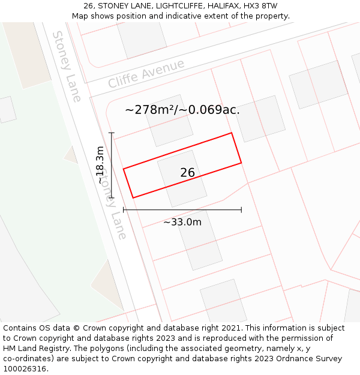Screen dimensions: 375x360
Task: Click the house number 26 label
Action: tap(187, 173)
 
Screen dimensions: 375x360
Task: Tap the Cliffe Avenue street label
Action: tap(146, 74)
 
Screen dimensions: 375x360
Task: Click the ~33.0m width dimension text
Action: tap(182, 222)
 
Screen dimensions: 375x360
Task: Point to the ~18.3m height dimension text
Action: tap(100, 165)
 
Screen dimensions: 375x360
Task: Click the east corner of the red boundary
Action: tap(241, 163)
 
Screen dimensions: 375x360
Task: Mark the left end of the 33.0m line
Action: tap(124, 210)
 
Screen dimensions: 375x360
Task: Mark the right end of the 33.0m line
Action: tap(241, 210)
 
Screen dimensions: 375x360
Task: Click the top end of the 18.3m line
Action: tap(112, 133)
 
